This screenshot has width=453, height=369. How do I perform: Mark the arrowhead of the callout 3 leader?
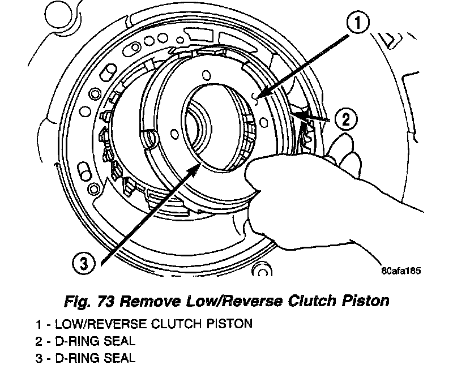[x=199, y=164]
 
